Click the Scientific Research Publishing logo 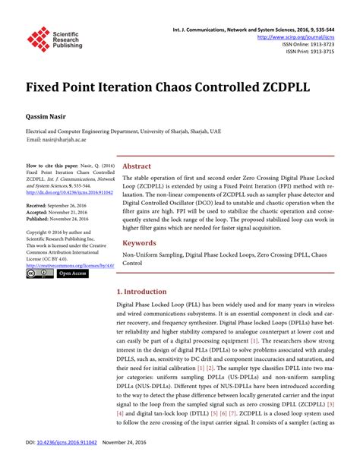tap(54, 39)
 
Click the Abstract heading tap(137, 166)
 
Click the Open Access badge tap(73, 273)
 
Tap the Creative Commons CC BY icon tap(39, 273)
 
